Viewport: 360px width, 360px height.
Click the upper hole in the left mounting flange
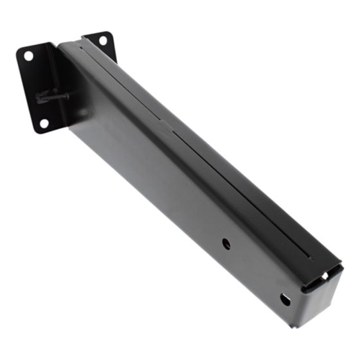[29, 56]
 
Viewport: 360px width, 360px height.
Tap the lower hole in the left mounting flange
[44, 122]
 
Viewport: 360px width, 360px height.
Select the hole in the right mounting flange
[104, 40]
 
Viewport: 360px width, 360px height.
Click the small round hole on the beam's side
[226, 243]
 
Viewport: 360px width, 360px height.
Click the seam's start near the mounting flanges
[84, 42]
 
